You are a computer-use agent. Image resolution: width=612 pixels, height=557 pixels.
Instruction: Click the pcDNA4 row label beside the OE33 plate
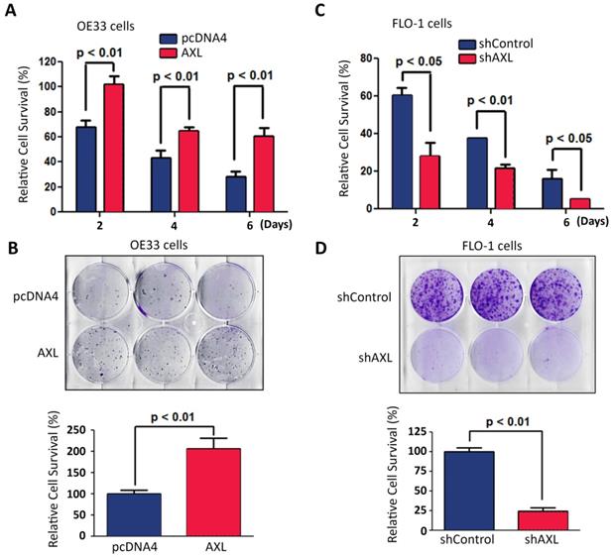(x=38, y=268)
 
